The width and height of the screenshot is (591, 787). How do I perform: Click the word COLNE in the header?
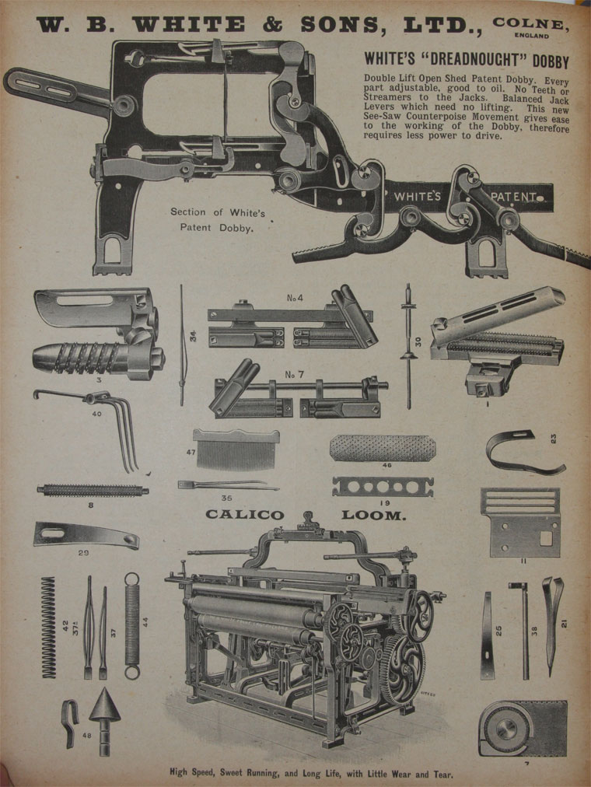(530, 23)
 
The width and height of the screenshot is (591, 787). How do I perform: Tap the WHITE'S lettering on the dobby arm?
(417, 196)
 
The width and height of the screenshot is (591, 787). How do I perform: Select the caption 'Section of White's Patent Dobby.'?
(217, 220)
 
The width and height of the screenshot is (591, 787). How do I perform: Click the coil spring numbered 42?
(48, 627)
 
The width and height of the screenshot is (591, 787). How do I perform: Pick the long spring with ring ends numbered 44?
(132, 626)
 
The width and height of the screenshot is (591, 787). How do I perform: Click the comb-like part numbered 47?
(236, 449)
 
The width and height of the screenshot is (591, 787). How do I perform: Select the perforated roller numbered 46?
(383, 448)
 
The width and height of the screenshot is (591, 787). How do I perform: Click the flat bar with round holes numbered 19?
(383, 487)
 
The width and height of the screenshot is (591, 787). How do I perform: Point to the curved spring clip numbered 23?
(524, 452)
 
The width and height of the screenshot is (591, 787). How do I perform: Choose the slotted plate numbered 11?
(520, 522)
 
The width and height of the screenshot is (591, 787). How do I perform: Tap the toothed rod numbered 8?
(93, 491)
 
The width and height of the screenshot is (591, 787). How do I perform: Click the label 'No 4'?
(295, 298)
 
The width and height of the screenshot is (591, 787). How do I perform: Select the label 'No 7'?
(294, 374)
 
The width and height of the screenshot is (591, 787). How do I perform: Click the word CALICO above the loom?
(244, 515)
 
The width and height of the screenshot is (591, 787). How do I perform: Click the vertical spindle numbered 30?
(409, 346)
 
